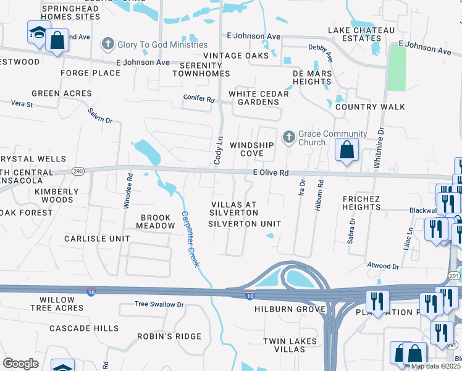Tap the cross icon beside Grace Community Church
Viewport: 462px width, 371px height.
coord(288,137)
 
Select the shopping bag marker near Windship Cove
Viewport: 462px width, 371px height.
coord(347,150)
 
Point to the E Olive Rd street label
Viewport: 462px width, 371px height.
coord(271,174)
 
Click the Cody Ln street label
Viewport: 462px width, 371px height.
coord(218,150)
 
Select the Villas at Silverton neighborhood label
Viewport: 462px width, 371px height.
coord(233,208)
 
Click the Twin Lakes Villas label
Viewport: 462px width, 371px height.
coord(290,345)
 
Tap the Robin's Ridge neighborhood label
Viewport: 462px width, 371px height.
coord(169,336)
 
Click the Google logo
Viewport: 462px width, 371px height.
coord(20,364)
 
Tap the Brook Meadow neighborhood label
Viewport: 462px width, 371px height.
coord(158,221)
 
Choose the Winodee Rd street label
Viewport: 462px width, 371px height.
coord(129,190)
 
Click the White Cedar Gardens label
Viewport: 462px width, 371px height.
coord(259,98)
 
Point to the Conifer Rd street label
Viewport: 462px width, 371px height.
coord(199,98)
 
